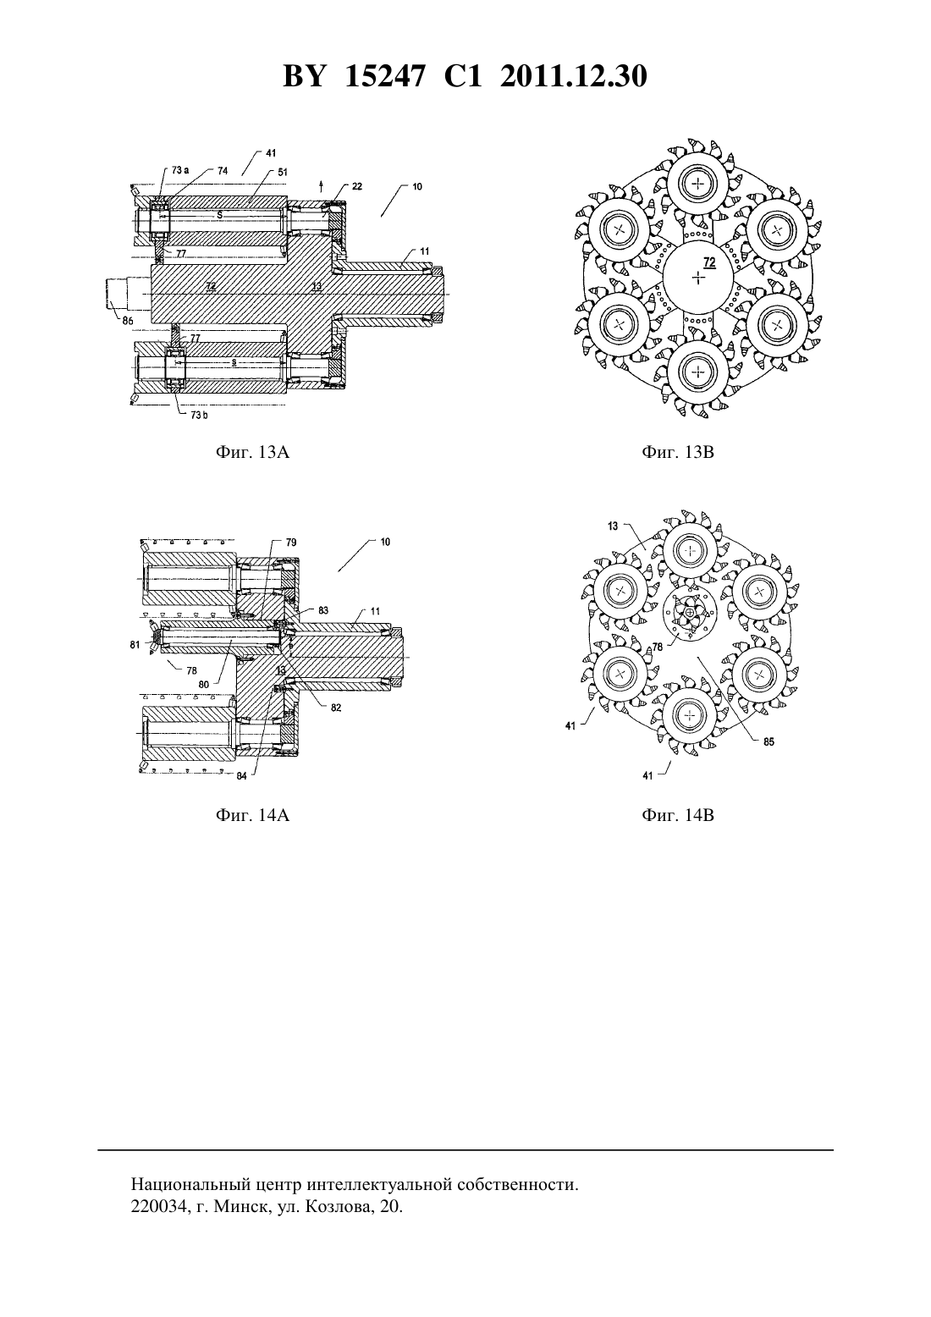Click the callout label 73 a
click(x=180, y=170)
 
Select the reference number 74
click(x=223, y=170)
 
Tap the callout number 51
click(x=283, y=173)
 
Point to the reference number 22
click(x=357, y=186)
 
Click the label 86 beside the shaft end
click(x=128, y=321)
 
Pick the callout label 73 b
click(x=199, y=415)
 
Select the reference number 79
click(x=291, y=542)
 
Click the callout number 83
click(x=323, y=610)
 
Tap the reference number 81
click(x=135, y=645)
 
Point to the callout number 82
click(x=336, y=708)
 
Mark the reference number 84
click(x=241, y=775)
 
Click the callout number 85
click(x=768, y=742)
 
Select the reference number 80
click(x=204, y=685)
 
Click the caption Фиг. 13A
click(x=253, y=452)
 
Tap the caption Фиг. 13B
click(x=678, y=452)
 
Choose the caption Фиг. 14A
click(x=253, y=815)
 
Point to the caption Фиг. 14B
click(x=678, y=815)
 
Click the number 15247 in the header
click(x=384, y=76)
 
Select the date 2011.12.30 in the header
click(x=574, y=76)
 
